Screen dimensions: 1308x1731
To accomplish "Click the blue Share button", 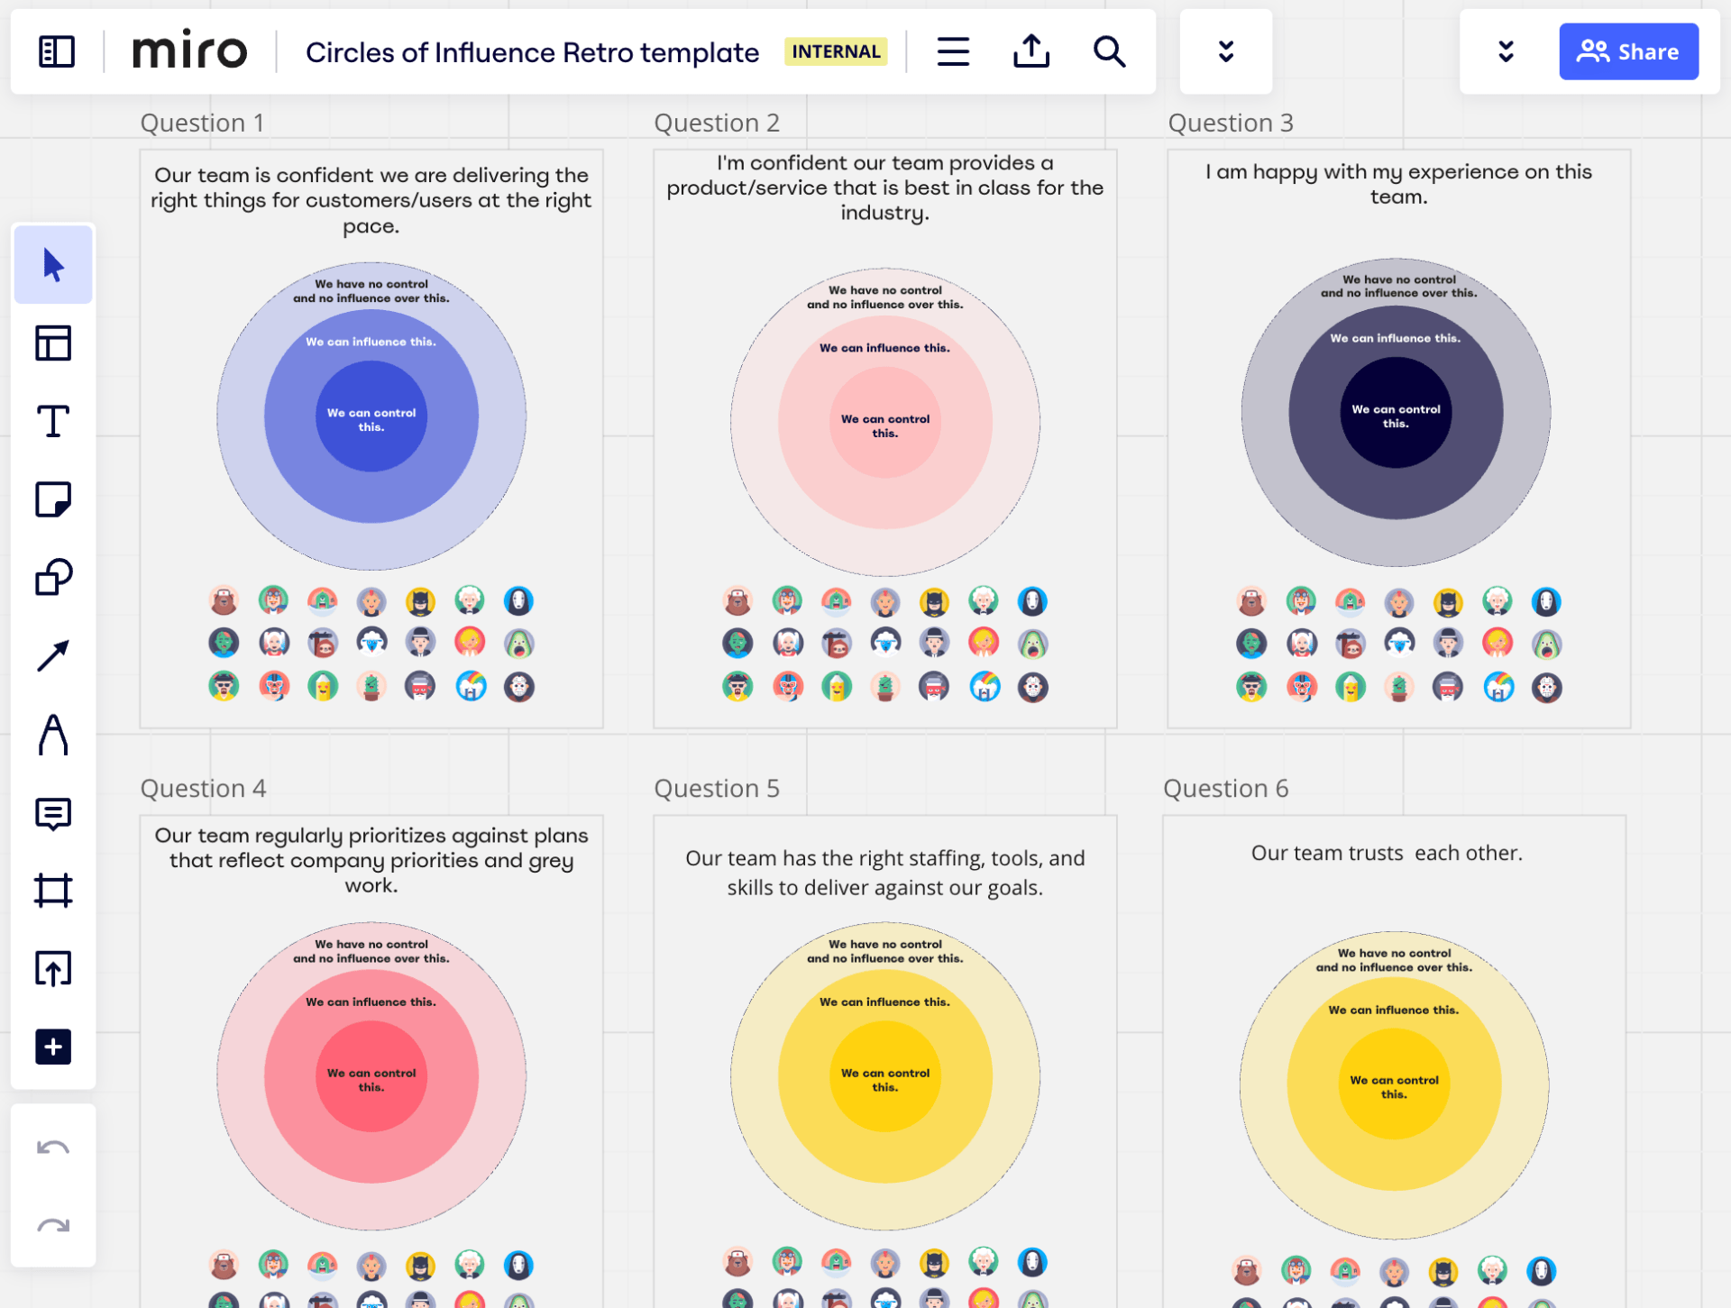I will (1627, 51).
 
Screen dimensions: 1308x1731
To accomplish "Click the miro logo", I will (189, 50).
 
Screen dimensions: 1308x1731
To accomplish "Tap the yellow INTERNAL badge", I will (835, 51).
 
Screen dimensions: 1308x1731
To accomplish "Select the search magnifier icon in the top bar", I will (1109, 51).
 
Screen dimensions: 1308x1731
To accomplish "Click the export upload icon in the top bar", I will (1030, 51).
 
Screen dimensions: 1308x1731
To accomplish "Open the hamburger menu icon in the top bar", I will (953, 51).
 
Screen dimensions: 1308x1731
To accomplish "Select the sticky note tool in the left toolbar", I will (53, 499).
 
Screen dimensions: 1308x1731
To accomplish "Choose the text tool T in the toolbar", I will (53, 421).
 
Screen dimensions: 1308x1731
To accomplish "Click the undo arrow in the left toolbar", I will (53, 1148).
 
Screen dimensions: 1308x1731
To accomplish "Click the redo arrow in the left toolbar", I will (53, 1225).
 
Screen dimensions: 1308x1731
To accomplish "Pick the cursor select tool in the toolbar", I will (53, 265).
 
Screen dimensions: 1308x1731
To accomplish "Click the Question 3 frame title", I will (1230, 123).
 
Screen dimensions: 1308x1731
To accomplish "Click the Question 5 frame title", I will (716, 788).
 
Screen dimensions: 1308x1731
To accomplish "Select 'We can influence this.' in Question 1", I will (371, 342).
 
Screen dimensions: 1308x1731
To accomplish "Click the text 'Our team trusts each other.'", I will (1386, 853).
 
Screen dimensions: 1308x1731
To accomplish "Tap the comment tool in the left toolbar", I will (53, 814).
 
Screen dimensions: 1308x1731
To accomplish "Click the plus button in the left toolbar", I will (53, 1047).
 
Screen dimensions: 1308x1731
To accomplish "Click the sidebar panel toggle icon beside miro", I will (56, 51).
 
